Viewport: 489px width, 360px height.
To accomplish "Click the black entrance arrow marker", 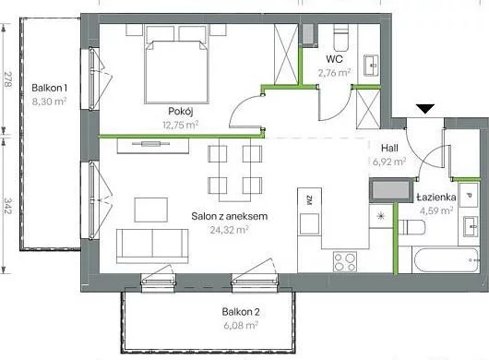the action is pyautogui.click(x=425, y=109).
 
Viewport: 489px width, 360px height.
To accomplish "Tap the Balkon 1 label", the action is pyautogui.click(x=49, y=88).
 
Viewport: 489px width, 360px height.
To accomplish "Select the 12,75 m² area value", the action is pyautogui.click(x=181, y=126).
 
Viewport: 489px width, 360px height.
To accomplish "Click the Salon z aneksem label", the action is pyautogui.click(x=229, y=216).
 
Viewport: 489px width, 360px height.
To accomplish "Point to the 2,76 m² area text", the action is pyautogui.click(x=334, y=73).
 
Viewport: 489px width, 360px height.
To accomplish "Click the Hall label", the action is pyautogui.click(x=389, y=148).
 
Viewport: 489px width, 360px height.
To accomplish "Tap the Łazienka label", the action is pyautogui.click(x=436, y=198).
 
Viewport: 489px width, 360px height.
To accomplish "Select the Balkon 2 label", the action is pyautogui.click(x=241, y=312).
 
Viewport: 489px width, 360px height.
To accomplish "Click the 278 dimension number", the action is pyautogui.click(x=7, y=79).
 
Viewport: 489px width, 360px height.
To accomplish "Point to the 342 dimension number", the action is pyautogui.click(x=7, y=206).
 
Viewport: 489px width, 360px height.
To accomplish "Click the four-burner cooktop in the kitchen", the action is pyautogui.click(x=345, y=261).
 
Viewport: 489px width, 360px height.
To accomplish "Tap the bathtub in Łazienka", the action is pyautogui.click(x=446, y=260).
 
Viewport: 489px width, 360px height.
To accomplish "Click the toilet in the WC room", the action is pyautogui.click(x=340, y=38).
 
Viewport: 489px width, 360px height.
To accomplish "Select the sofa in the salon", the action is pyautogui.click(x=152, y=246).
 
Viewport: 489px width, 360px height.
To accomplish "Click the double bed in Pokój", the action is pyautogui.click(x=176, y=72).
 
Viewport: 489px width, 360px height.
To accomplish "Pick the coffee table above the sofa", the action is pyautogui.click(x=151, y=210).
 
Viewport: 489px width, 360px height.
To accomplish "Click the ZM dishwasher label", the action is pyautogui.click(x=309, y=200).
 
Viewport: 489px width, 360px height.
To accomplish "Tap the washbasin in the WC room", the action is pyautogui.click(x=371, y=66).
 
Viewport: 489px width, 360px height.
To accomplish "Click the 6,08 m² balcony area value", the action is pyautogui.click(x=241, y=326).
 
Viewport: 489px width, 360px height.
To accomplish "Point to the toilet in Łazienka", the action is pyautogui.click(x=412, y=227).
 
